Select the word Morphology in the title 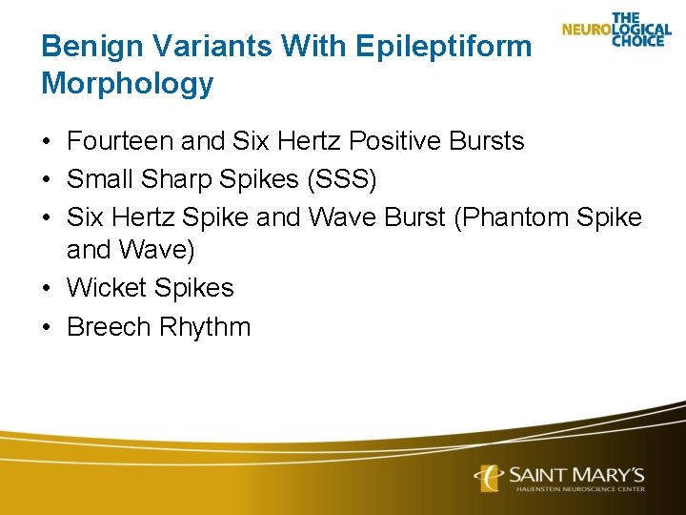point(127,84)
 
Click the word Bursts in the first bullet point(491,142)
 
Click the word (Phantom point(512,216)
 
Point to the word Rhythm point(205,326)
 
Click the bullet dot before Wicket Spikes point(48,289)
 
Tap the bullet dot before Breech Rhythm point(48,327)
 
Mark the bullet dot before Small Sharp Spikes point(48,180)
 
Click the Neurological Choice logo point(616,30)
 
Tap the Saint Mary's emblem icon point(489,477)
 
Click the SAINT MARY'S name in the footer point(577,474)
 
